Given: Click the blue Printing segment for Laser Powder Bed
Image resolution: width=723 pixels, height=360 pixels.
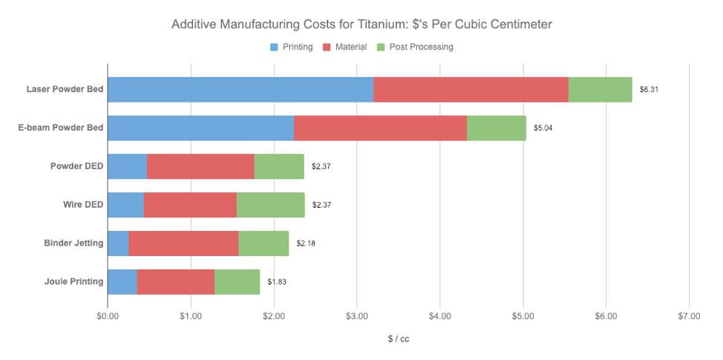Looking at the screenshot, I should [x=241, y=90].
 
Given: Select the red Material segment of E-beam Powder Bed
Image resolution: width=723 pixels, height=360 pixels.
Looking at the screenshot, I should [x=380, y=128].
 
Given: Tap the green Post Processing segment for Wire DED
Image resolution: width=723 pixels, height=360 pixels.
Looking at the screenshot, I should [x=270, y=205].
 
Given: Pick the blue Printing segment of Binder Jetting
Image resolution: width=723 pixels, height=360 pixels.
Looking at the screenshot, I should [x=118, y=243].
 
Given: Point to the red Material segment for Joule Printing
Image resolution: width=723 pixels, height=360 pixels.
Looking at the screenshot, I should [x=176, y=282].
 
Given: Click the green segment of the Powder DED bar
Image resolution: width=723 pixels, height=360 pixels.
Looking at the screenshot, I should [x=279, y=167].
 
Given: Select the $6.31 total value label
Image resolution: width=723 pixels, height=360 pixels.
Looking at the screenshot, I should [x=649, y=90].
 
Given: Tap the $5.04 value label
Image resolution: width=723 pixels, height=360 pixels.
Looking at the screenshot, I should [x=543, y=128].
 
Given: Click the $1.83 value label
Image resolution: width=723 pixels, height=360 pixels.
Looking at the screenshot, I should [x=277, y=282].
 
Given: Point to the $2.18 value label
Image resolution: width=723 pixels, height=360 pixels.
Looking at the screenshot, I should [x=306, y=243].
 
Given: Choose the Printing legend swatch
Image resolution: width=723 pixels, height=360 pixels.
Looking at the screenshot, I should [x=275, y=47].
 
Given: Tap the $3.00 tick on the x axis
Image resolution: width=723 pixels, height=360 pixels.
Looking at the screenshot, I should [x=356, y=316].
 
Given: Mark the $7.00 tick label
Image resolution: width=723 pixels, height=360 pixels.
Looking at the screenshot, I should [x=689, y=316].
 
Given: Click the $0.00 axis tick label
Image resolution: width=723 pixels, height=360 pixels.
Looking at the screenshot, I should [x=108, y=316].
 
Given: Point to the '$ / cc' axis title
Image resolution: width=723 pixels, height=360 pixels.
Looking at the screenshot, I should [x=398, y=339].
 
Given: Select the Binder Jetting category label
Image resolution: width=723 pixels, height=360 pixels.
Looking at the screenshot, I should [x=73, y=243].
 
